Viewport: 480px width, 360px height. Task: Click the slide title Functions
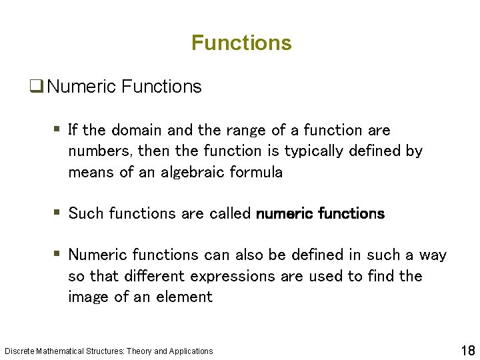click(x=241, y=43)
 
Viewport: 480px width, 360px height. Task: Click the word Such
click(x=85, y=213)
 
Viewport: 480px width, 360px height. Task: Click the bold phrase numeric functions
click(x=320, y=213)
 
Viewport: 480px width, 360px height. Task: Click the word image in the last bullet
click(x=89, y=297)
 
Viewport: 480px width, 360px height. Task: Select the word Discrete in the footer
click(x=18, y=351)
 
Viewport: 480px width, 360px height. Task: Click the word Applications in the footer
click(x=191, y=351)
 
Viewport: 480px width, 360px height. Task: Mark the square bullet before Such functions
click(x=57, y=213)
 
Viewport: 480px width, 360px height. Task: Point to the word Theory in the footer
click(x=139, y=351)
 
